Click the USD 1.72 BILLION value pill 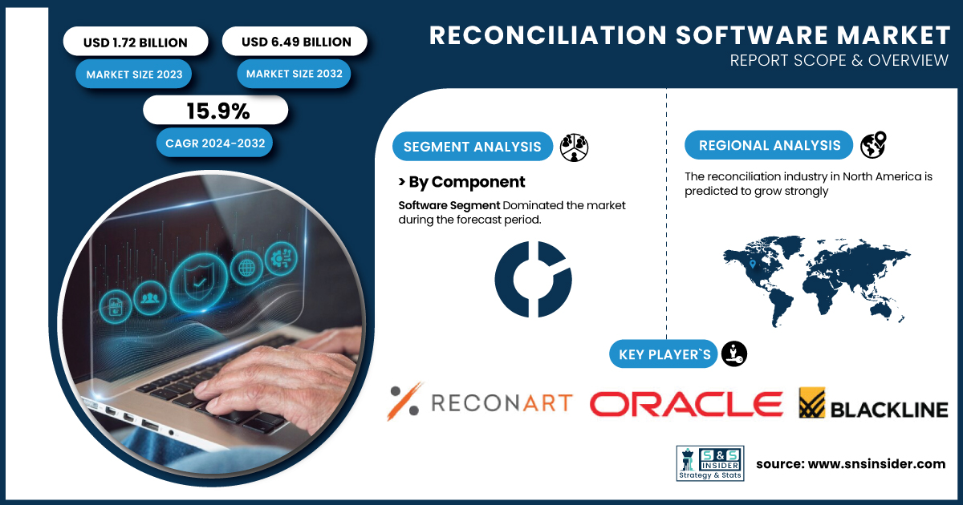coord(136,41)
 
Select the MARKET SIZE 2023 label coord(134,75)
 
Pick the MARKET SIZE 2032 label coord(294,74)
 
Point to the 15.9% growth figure coord(218,111)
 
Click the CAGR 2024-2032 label coord(214,143)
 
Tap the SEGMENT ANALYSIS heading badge coord(473,147)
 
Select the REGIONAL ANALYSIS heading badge coord(769,145)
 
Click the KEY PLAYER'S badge coord(664,354)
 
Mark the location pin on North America coord(753,264)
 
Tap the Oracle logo coord(686,404)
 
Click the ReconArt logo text coord(502,402)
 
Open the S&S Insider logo coord(710,463)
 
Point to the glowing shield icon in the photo coord(199,281)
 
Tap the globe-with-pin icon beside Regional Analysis coord(873,145)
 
